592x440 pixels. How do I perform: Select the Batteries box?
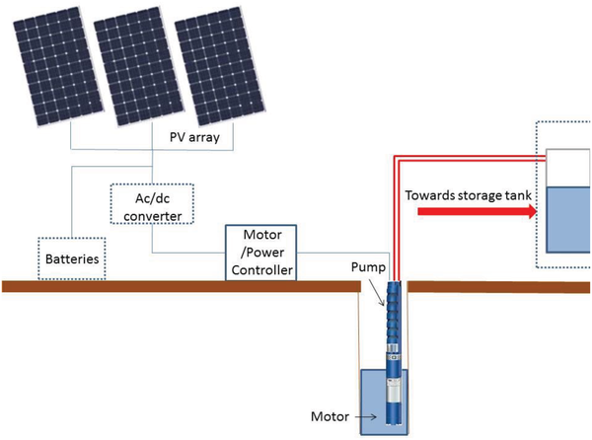(x=71, y=258)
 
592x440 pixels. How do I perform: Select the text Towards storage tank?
(x=469, y=193)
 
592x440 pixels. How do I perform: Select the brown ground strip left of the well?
(x=178, y=286)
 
